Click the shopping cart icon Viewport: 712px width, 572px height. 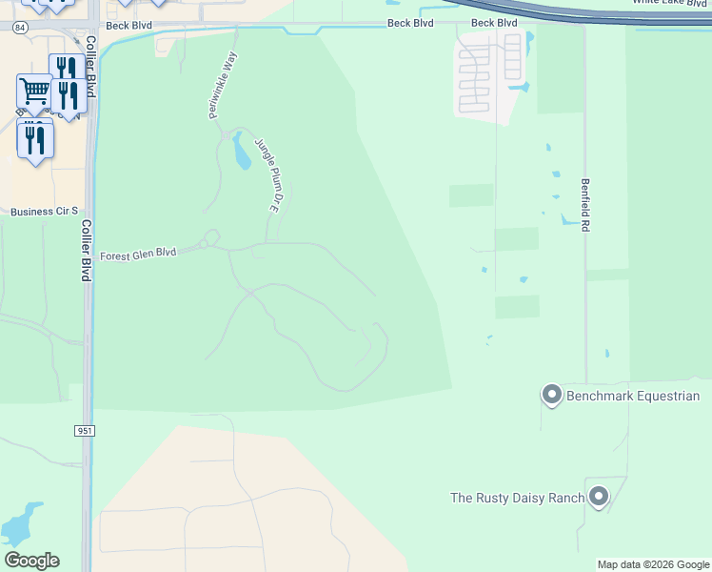tap(34, 92)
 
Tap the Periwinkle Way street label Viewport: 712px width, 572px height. tap(222, 86)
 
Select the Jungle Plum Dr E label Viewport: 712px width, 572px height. tap(266, 175)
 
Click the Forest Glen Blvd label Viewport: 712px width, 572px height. tap(139, 254)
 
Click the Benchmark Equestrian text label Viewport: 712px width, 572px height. tap(633, 396)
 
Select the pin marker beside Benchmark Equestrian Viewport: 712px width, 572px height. tap(551, 394)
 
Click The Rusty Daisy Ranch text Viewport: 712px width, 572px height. tap(516, 498)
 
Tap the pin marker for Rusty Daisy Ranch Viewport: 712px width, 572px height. tap(599, 496)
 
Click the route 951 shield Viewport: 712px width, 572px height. tap(85, 431)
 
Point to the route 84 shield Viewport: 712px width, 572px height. tap(20, 28)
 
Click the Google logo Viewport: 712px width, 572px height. tap(31, 561)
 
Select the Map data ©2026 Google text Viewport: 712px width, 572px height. tap(653, 564)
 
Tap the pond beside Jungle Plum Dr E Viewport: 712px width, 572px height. tap(242, 150)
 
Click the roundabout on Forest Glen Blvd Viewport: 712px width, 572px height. tap(212, 236)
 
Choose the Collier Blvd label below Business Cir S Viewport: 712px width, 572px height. tap(86, 250)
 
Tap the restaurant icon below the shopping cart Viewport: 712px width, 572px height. tap(35, 139)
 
